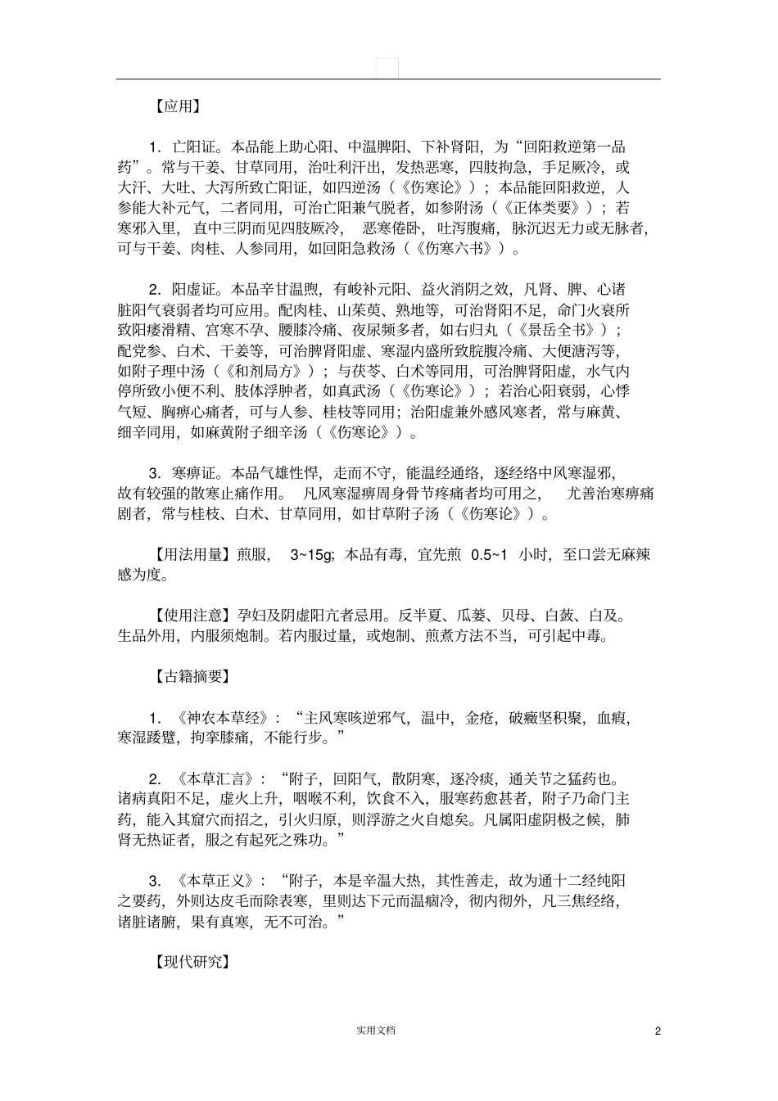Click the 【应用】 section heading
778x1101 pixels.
point(178,106)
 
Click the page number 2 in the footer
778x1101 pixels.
point(658,1031)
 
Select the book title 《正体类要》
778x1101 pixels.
point(547,208)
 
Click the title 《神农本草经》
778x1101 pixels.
point(222,718)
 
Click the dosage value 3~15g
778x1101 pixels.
point(312,555)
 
